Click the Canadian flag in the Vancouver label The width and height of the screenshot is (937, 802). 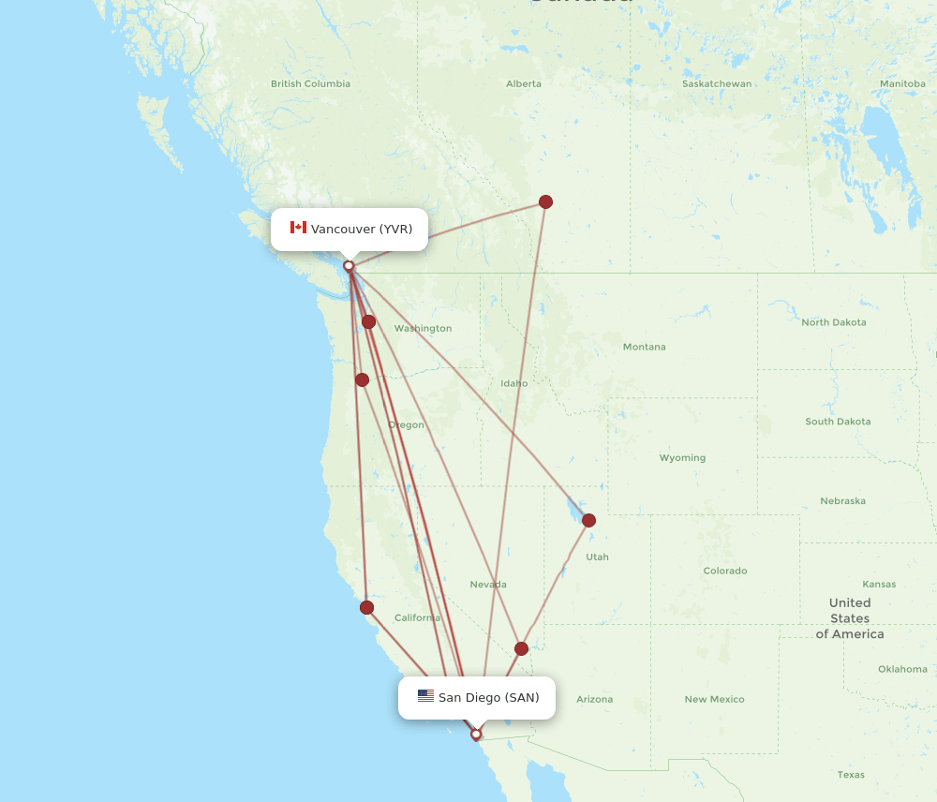298,228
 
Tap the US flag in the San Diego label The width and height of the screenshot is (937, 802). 425,696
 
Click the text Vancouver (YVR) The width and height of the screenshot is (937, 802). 362,229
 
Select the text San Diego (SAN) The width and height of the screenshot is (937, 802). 488,697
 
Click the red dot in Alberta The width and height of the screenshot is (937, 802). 545,201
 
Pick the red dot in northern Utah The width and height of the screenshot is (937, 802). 588,520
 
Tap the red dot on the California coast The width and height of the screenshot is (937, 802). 366,607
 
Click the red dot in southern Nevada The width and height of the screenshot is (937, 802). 521,648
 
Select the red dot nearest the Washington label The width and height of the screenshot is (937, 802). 369,321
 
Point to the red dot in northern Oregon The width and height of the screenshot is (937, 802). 362,379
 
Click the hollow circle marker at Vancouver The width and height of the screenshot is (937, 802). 349,266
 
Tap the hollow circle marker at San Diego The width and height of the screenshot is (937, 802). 476,735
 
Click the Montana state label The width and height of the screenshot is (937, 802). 644,347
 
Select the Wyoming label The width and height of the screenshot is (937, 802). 682,458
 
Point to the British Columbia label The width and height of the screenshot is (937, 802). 310,83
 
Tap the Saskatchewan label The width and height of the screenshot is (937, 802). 717,83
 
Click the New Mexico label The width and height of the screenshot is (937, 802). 714,699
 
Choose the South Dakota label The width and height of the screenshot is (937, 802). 838,422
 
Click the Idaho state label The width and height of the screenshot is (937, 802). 513,383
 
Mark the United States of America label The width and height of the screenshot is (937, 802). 850,618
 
